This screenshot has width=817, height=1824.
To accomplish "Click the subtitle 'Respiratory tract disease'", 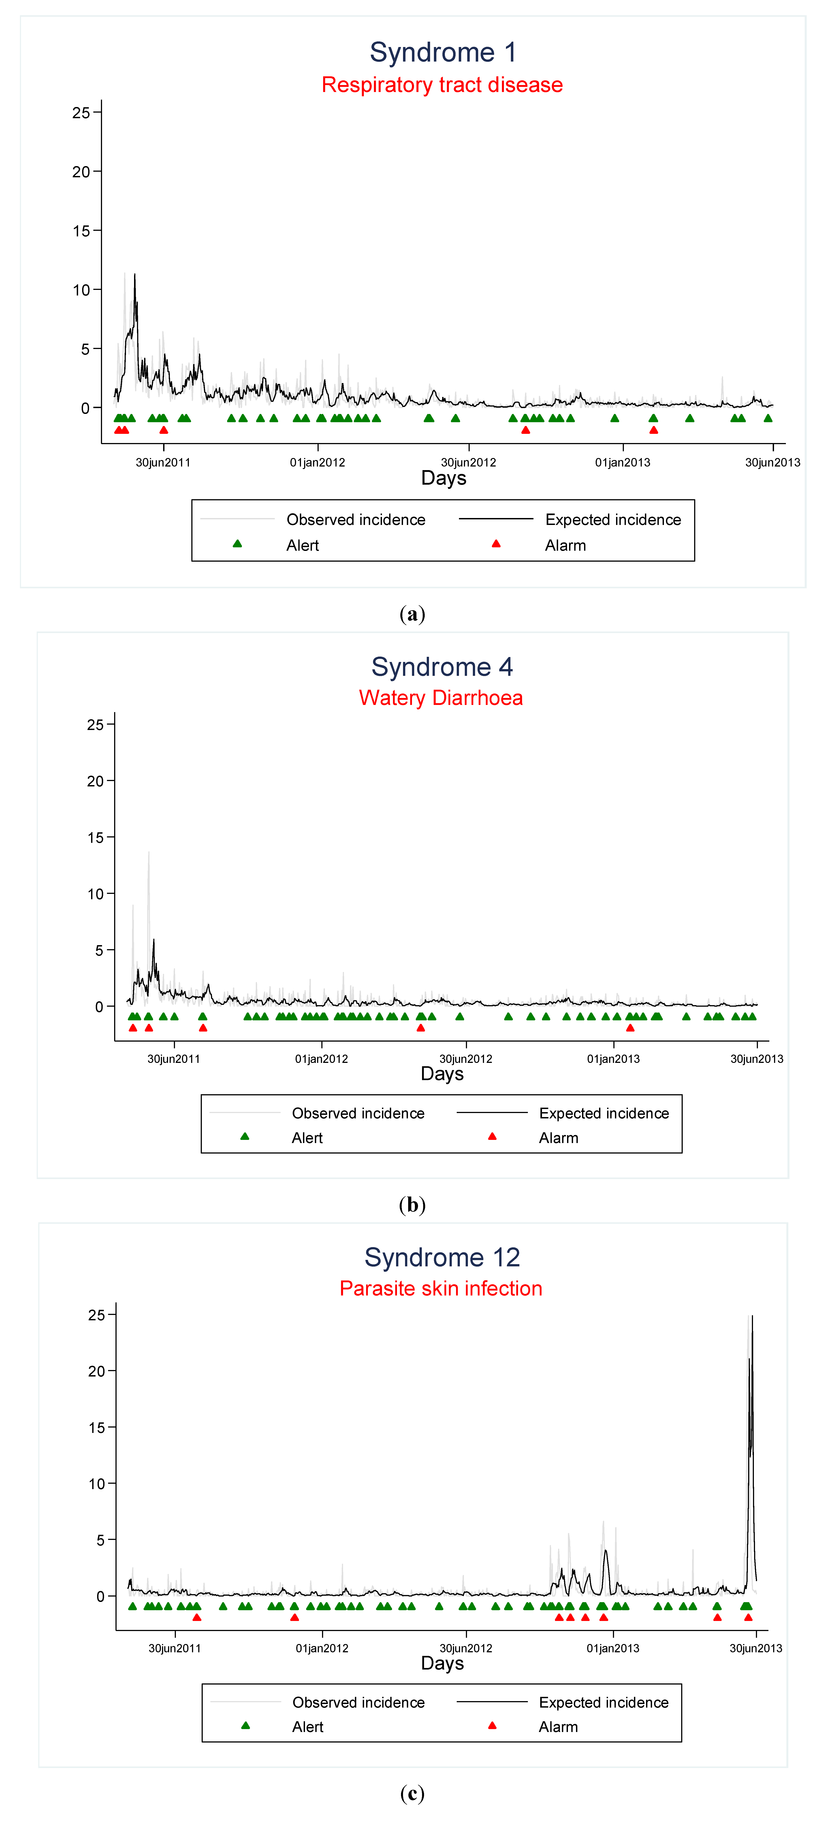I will [442, 85].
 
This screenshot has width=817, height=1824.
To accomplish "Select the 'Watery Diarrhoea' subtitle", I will [440, 698].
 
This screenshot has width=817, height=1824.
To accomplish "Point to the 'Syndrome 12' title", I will [442, 1258].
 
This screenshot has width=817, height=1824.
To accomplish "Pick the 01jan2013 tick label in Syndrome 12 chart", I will [612, 1648].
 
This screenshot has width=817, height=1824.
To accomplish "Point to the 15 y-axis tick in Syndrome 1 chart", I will [81, 231].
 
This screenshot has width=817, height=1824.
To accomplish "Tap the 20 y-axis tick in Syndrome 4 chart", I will [96, 781].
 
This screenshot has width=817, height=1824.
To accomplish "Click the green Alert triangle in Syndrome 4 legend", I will [244, 1137].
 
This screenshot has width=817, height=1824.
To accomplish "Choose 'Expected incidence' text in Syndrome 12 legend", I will [603, 1702].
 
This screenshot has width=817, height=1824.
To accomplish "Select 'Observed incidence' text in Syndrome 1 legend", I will [355, 520].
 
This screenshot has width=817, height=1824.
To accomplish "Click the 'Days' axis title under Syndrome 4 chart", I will [442, 1074].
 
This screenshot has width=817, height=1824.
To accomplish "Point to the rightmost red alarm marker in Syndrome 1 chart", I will [653, 430].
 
